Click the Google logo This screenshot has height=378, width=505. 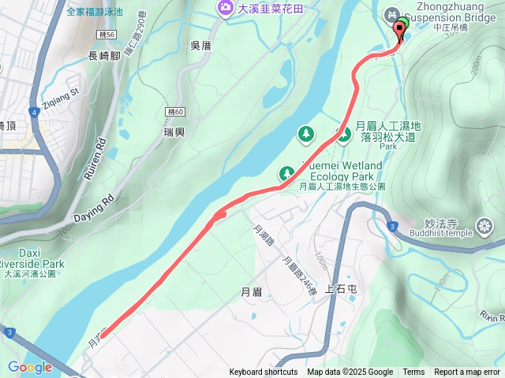point(29,367)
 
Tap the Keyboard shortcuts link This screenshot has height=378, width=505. point(264,372)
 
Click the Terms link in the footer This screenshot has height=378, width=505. point(413,372)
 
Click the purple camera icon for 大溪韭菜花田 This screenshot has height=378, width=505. point(226,8)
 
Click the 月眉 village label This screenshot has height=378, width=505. point(250,292)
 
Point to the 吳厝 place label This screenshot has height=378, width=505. point(201,46)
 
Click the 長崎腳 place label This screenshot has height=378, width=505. point(104,56)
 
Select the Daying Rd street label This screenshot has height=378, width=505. point(95,206)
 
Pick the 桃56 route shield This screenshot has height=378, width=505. point(108,35)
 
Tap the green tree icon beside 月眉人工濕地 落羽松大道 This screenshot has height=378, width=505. point(344,134)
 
